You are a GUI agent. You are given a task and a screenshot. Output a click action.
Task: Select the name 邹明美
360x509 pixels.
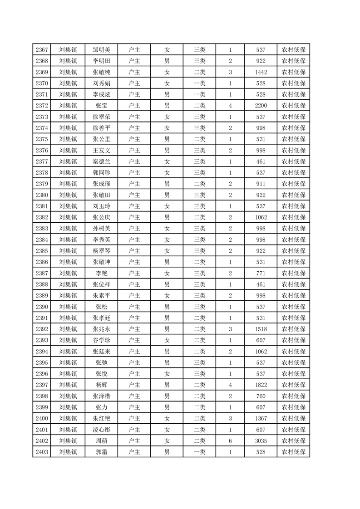pos(101,50)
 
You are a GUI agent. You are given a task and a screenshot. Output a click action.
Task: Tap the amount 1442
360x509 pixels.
pos(261,72)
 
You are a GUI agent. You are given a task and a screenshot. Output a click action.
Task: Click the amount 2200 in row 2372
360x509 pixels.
pos(261,106)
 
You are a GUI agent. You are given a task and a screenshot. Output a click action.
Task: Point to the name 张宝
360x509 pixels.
pos(101,106)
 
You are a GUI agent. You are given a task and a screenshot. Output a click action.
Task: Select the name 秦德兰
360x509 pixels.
pos(101,162)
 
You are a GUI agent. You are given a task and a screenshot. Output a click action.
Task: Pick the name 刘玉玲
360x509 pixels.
pos(101,206)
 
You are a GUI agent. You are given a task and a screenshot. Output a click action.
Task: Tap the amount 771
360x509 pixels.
pos(261,273)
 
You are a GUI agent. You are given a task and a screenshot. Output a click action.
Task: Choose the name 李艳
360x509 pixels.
pos(101,273)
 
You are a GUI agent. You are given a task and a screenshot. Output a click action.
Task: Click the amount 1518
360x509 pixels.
pos(261,329)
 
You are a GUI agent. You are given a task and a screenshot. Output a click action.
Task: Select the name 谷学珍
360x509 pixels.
pos(101,340)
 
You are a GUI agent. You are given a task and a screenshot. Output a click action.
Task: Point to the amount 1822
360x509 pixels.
pos(261,385)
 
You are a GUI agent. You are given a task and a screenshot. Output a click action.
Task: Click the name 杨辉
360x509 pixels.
pos(101,385)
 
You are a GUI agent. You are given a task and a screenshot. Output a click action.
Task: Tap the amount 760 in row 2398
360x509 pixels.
pos(261,396)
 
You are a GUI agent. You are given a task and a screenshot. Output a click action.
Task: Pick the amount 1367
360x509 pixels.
pos(261,418)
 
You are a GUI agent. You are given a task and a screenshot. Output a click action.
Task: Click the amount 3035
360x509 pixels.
pos(261,440)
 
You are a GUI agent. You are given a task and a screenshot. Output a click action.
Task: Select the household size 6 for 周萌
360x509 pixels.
pos(230,440)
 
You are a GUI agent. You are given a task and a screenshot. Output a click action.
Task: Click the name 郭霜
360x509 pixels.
pos(101,452)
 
